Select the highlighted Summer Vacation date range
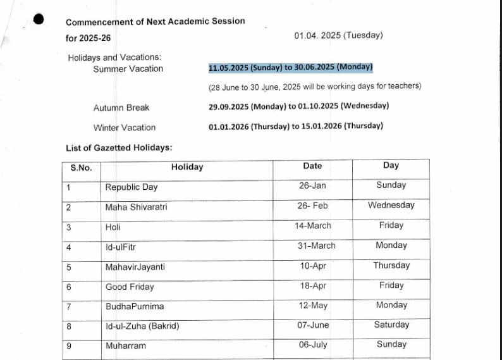[291, 67]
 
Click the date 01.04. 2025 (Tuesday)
[338, 35]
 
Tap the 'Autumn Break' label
[121, 108]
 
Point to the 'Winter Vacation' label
[125, 127]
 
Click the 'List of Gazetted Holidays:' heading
[119, 148]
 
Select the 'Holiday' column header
[187, 167]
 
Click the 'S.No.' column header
[81, 168]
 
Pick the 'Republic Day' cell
[132, 187]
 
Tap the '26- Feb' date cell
[312, 206]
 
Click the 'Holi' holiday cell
[113, 227]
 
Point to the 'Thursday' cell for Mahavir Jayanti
[391, 265]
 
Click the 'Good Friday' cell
[130, 287]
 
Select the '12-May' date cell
[313, 306]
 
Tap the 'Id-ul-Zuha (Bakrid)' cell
[142, 326]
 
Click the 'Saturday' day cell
[391, 325]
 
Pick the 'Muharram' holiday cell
[125, 345]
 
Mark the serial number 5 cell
[69, 267]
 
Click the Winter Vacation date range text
[295, 126]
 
